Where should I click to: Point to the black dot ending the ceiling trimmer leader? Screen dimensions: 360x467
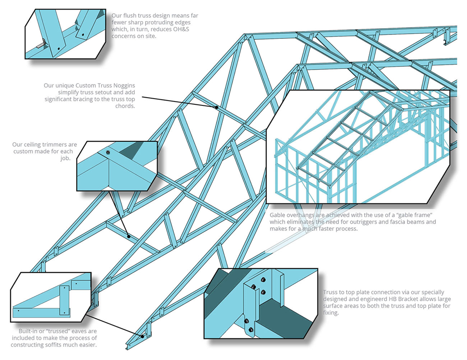click(128, 236)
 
